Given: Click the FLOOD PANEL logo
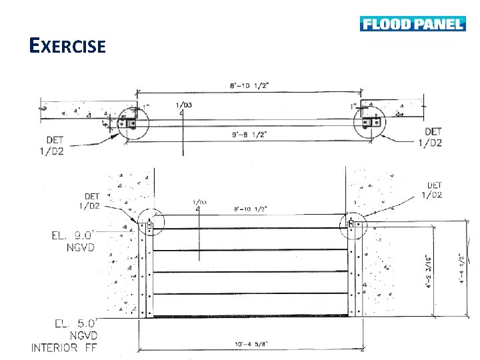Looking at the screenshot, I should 412,24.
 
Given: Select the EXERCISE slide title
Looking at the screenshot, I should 67,46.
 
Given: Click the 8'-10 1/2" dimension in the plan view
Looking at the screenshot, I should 249,85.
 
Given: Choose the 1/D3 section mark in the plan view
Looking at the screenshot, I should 184,105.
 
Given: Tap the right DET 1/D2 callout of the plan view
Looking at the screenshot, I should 432,137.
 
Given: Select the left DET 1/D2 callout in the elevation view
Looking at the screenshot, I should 92,201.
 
